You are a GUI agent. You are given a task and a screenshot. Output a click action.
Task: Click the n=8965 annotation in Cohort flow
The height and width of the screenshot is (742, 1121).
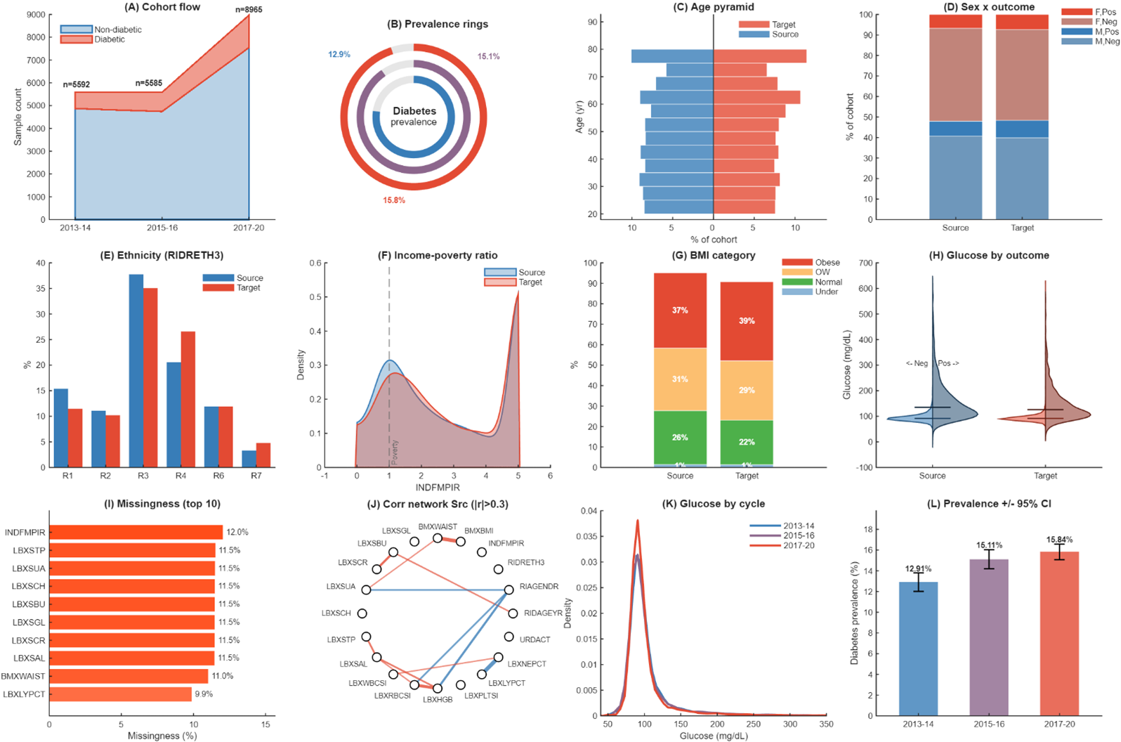pyautogui.click(x=249, y=9)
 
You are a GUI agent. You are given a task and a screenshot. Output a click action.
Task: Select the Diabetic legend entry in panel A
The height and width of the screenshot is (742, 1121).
pyautogui.click(x=110, y=39)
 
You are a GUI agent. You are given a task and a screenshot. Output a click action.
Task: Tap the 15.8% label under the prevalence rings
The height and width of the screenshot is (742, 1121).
pyautogui.click(x=393, y=200)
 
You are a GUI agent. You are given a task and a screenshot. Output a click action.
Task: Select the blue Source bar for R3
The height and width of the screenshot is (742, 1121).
pyautogui.click(x=136, y=370)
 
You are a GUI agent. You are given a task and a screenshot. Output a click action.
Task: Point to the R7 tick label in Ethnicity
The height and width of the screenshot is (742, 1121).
pyautogui.click(x=256, y=476)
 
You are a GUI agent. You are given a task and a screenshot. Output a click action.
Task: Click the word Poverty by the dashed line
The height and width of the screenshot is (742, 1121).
pyautogui.click(x=395, y=452)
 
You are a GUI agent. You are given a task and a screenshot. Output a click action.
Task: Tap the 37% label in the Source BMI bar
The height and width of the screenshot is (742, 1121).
pyautogui.click(x=680, y=310)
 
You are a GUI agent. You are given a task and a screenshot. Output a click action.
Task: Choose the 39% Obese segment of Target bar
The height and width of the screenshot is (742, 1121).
pyautogui.click(x=747, y=321)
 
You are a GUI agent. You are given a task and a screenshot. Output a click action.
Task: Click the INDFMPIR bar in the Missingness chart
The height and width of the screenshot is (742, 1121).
pyautogui.click(x=136, y=533)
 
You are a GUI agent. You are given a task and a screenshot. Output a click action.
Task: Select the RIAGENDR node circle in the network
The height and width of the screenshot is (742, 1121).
pyautogui.click(x=509, y=590)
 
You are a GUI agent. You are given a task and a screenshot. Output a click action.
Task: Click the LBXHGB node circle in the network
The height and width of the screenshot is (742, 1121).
pyautogui.click(x=438, y=689)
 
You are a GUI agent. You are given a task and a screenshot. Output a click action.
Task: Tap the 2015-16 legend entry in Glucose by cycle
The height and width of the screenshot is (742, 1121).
pyautogui.click(x=799, y=535)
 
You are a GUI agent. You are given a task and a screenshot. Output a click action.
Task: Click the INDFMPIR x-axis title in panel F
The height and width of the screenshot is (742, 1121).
pyautogui.click(x=438, y=487)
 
